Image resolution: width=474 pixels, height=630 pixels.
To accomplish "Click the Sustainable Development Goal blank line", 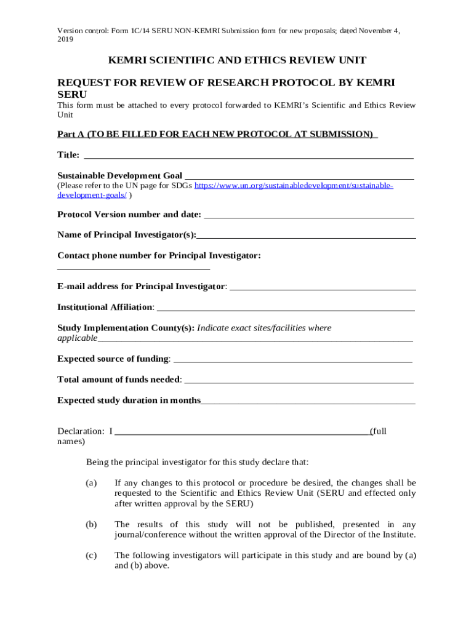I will click(299, 178).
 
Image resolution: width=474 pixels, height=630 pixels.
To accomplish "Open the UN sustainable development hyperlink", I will click(294, 185).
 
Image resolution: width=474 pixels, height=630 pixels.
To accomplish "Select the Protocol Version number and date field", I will click(308, 217).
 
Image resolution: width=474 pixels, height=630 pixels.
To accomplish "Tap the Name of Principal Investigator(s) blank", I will click(306, 237).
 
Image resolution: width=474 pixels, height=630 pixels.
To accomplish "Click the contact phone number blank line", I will click(134, 268).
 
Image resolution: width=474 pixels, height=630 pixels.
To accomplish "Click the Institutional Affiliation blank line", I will click(286, 309).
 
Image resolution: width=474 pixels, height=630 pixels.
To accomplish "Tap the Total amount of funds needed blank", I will click(299, 381).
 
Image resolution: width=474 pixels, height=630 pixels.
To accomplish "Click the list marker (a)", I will click(92, 483).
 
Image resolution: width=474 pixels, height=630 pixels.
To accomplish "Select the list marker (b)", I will click(92, 524).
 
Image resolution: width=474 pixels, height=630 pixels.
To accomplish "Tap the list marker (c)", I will click(92, 556).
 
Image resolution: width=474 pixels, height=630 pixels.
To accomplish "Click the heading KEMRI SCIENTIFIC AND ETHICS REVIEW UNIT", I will click(237, 60).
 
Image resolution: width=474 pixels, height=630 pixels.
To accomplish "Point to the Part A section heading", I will click(217, 134).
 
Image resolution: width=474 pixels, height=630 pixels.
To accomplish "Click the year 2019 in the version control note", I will click(65, 39).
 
